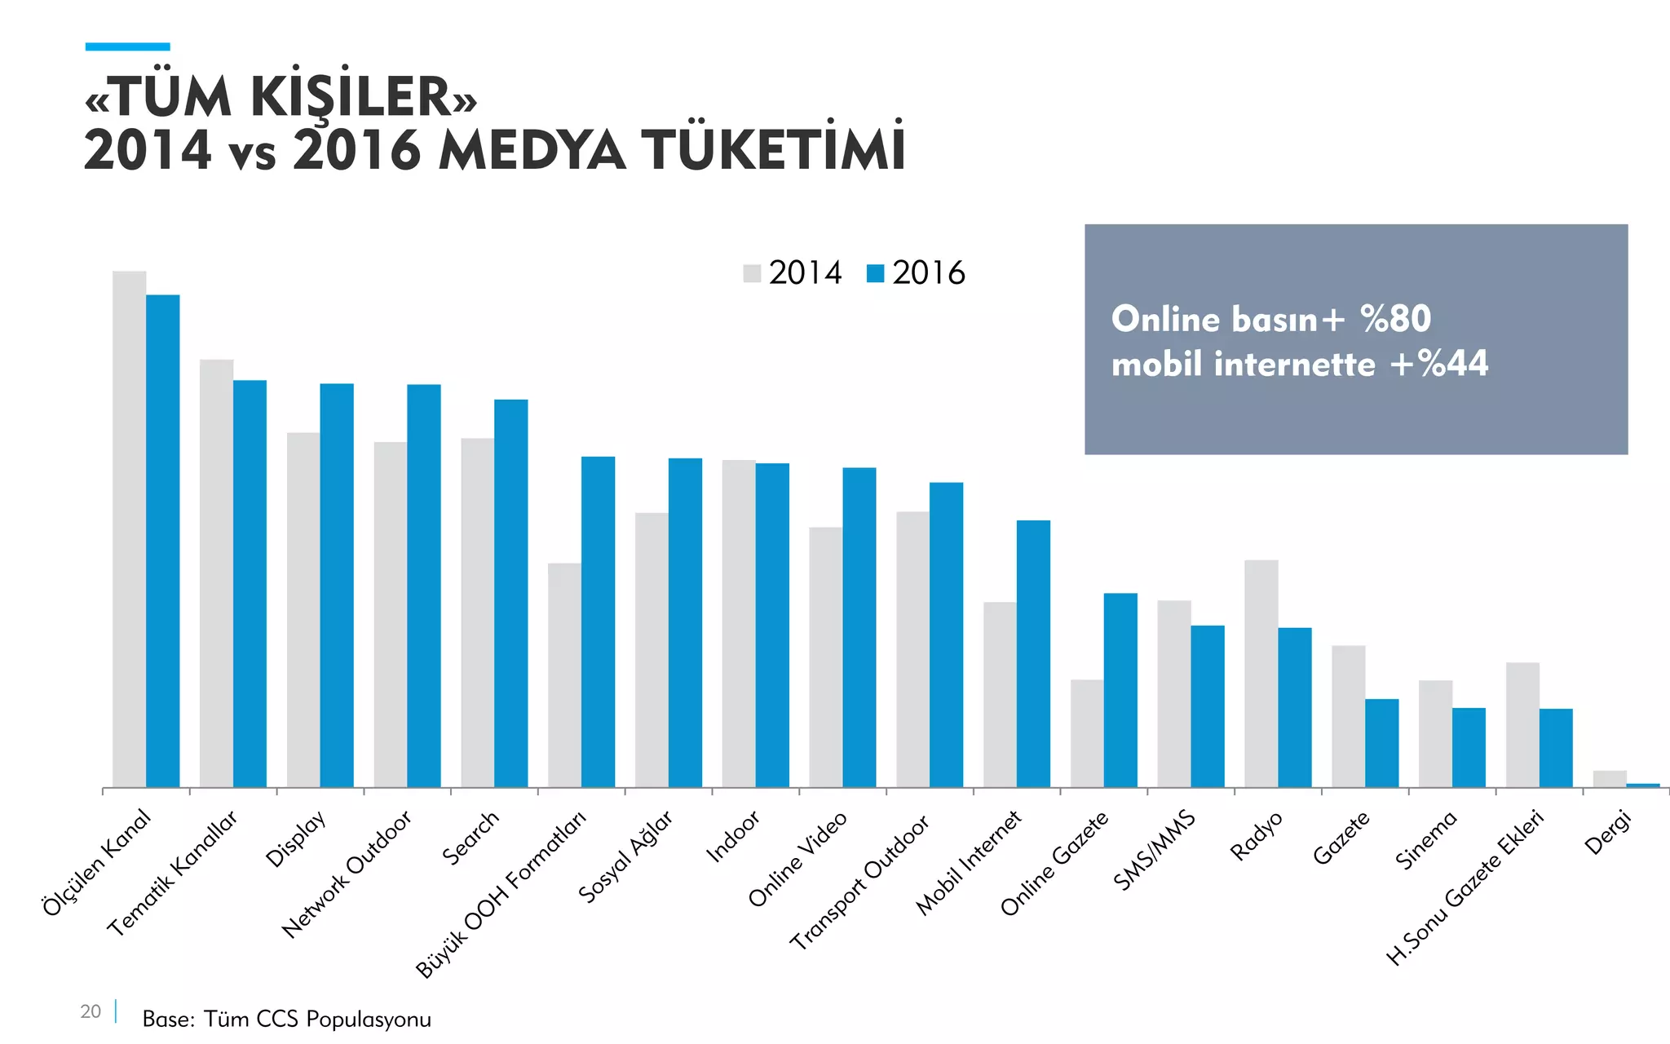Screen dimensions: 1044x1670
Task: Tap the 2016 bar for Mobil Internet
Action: pyautogui.click(x=1033, y=653)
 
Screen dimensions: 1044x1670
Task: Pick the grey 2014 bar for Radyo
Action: pyautogui.click(x=1261, y=673)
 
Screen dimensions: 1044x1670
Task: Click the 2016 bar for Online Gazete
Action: pyautogui.click(x=1120, y=690)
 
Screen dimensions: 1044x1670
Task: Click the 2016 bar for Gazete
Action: pyautogui.click(x=1382, y=742)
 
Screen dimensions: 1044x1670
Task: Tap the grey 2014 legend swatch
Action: pyautogui.click(x=752, y=273)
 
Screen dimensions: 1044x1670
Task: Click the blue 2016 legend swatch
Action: pyautogui.click(x=875, y=273)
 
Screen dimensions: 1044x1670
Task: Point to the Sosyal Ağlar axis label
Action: pyautogui.click(x=626, y=856)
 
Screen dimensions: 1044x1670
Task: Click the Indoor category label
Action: pyautogui.click(x=733, y=836)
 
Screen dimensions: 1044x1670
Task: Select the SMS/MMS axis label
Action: pyautogui.click(x=1155, y=851)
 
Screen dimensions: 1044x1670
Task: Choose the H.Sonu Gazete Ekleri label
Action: pyautogui.click(x=1465, y=887)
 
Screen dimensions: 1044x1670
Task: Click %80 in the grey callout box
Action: pyautogui.click(x=1395, y=319)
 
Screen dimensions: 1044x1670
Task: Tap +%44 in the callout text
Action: pyautogui.click(x=1439, y=364)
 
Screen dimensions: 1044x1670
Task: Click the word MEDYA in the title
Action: pyautogui.click(x=532, y=152)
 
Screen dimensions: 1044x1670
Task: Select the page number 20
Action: pyautogui.click(x=91, y=1011)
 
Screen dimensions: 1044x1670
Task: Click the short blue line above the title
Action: pyautogui.click(x=127, y=47)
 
